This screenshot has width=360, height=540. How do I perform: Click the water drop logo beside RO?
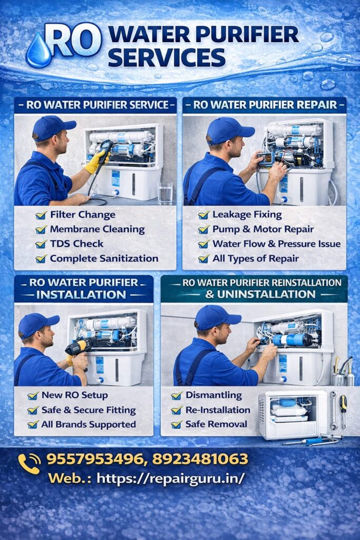coord(38,52)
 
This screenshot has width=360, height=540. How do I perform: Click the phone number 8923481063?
coord(200,459)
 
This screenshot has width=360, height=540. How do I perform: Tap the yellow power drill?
coord(79,347)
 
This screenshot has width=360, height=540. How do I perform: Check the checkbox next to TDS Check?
coord(41,244)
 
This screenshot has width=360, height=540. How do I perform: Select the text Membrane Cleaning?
coord(97,229)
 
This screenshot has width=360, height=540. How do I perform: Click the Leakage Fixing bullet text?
coord(247,215)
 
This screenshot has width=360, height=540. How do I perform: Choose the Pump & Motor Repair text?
coord(262,229)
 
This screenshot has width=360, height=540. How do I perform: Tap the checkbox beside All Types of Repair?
coord(204,259)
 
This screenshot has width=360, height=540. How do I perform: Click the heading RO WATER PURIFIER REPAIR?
coord(265,104)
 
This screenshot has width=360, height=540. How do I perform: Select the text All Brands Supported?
coord(89,425)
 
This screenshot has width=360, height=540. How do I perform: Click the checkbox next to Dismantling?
coord(177,396)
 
